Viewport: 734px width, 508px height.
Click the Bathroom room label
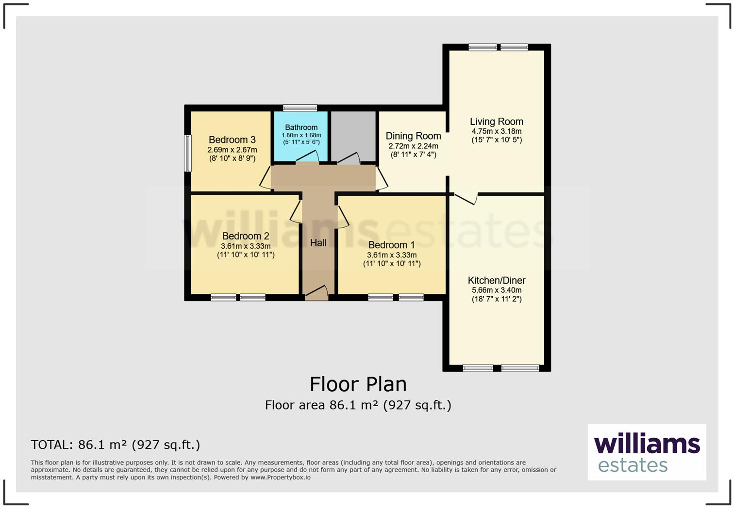click(x=301, y=127)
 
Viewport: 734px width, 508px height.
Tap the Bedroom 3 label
click(x=232, y=140)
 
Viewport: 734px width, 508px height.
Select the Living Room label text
click(x=496, y=122)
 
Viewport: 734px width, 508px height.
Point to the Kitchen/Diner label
click(x=496, y=280)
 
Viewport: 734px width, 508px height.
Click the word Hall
click(x=318, y=243)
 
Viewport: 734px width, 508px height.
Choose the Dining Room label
click(x=413, y=136)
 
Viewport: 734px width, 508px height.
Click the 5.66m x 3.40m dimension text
click(x=496, y=290)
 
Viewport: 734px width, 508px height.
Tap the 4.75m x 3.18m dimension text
click(x=496, y=131)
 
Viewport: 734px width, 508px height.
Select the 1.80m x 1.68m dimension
click(x=301, y=135)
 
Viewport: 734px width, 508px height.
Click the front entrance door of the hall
click(x=317, y=293)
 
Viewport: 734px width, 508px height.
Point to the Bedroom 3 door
click(x=266, y=178)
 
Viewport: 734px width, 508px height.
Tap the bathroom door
click(x=308, y=157)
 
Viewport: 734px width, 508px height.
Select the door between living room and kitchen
click(x=466, y=198)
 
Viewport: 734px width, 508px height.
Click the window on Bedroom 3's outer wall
click(x=187, y=153)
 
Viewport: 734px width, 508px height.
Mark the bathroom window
click(x=300, y=108)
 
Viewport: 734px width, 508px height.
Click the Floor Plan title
click(x=358, y=384)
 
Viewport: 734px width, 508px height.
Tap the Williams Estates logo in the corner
click(x=647, y=452)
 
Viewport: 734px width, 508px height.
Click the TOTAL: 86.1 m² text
click(x=115, y=444)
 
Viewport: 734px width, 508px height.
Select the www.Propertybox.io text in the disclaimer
click(x=280, y=477)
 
